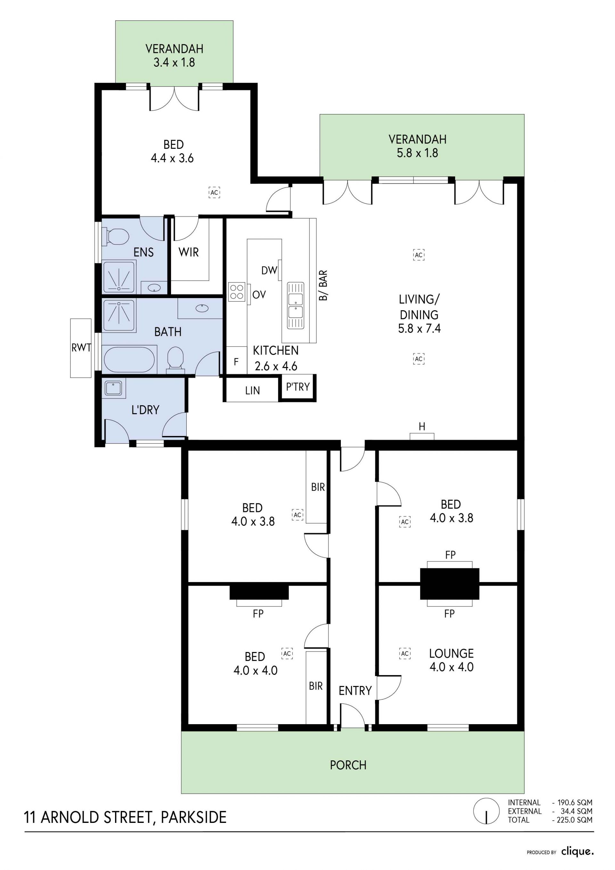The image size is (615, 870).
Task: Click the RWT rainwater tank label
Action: (x=81, y=347)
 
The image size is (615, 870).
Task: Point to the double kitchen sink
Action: (x=295, y=305)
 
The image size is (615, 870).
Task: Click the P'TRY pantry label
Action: (x=298, y=387)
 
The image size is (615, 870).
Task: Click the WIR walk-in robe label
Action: (x=189, y=252)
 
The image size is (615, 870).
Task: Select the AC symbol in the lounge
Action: (x=405, y=653)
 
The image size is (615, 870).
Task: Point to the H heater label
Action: (x=422, y=427)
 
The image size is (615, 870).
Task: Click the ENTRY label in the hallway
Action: (x=355, y=691)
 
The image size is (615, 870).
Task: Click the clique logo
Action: (x=578, y=852)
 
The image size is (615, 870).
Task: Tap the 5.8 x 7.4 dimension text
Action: (x=419, y=328)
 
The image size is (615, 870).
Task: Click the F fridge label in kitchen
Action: (x=236, y=362)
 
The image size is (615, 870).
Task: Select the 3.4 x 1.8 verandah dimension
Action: (x=174, y=62)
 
